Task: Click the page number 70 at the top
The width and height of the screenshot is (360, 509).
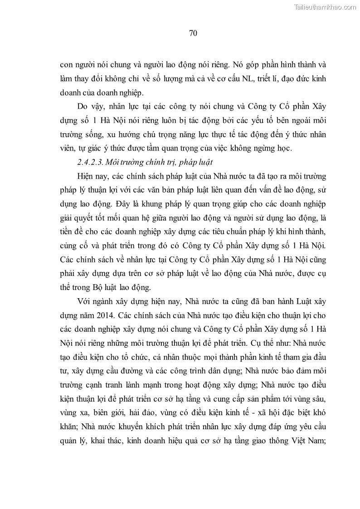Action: pos(192,33)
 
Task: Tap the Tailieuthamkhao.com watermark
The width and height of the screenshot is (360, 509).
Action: pos(325,7)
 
